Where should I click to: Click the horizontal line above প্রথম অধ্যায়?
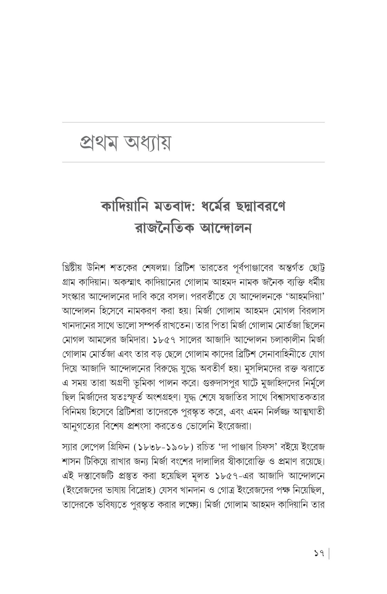[x=193, y=123]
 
